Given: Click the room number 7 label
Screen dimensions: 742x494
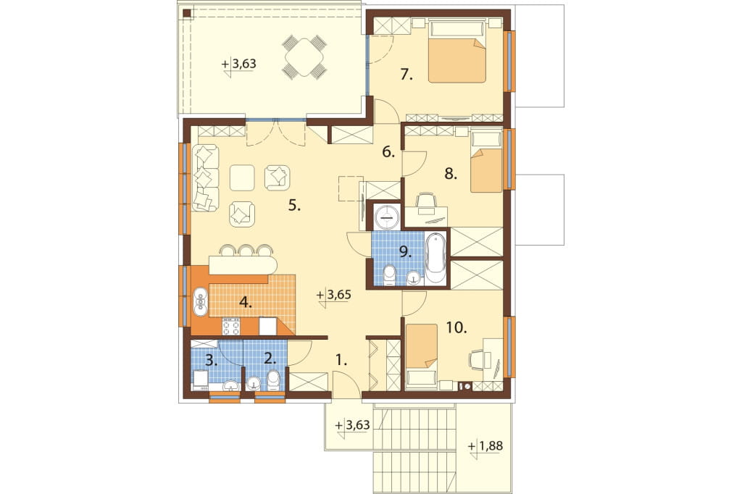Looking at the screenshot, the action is [406, 75].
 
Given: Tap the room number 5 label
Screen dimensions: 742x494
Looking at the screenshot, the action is [294, 206].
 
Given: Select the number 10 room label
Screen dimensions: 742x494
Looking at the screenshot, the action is [457, 327].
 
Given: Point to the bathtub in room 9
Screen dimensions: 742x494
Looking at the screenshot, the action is [435, 260].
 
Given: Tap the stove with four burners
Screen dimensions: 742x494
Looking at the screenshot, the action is [231, 327].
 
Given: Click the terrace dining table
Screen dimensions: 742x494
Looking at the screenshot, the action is [305, 58].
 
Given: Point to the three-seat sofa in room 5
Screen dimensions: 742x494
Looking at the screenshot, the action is [205, 177].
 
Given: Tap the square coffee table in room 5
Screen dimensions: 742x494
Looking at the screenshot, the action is [242, 177].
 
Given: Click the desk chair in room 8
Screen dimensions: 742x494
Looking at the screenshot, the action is [426, 200].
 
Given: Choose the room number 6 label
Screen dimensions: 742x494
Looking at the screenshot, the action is [388, 152].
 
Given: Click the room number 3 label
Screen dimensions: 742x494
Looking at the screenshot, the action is [212, 361].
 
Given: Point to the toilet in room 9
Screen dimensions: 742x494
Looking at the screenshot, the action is [389, 275].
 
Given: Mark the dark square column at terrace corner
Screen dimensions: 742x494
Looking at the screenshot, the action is [188, 13].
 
